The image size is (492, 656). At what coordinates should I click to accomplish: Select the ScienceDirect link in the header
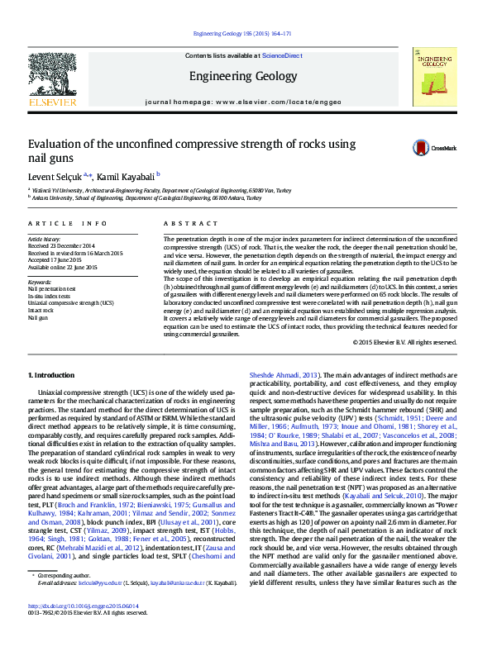[x=281, y=55]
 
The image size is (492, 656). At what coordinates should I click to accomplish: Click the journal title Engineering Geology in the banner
[x=242, y=77]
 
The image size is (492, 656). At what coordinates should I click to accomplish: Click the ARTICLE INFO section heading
[x=67, y=224]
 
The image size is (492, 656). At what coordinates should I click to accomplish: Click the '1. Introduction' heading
[x=51, y=375]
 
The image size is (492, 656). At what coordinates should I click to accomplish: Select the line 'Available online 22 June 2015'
[x=63, y=267]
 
